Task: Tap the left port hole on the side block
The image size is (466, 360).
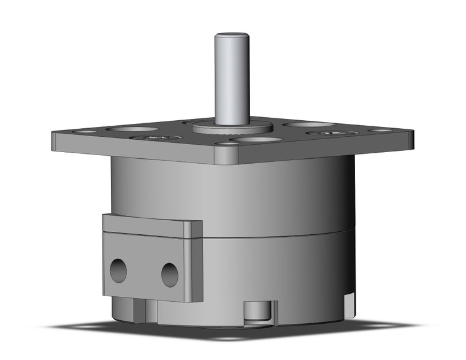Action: coord(118,269)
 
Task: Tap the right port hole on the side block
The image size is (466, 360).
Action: coord(170,274)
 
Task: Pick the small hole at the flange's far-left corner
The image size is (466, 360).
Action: coord(86,131)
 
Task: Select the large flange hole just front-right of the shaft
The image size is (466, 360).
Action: coord(257,140)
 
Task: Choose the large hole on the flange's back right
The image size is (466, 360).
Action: coord(308,124)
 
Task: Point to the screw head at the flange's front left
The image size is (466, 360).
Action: coord(153,139)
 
